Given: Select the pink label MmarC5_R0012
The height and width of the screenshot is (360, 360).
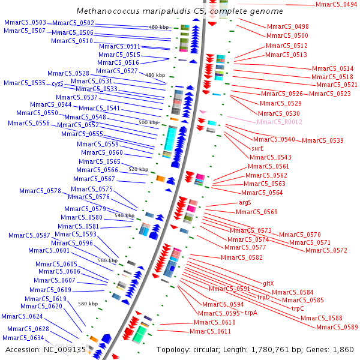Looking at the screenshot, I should pos(279,122).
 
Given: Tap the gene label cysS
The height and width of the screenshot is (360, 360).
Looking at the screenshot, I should pos(58,83).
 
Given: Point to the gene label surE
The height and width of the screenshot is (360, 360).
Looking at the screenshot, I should pos(258,148).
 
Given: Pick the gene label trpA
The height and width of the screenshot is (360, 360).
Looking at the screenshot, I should pos(251,313).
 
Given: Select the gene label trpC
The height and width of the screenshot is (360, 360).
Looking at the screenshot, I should pos(298,308).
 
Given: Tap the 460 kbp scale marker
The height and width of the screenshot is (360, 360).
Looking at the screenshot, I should pos(159,28).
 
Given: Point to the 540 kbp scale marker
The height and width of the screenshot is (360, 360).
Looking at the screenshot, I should pos(125,215).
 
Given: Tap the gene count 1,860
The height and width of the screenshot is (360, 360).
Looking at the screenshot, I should pos(344,349).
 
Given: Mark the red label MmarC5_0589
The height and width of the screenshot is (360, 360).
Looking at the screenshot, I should pos(337,327).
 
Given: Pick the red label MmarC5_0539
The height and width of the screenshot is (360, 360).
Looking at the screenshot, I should pos(323,140).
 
